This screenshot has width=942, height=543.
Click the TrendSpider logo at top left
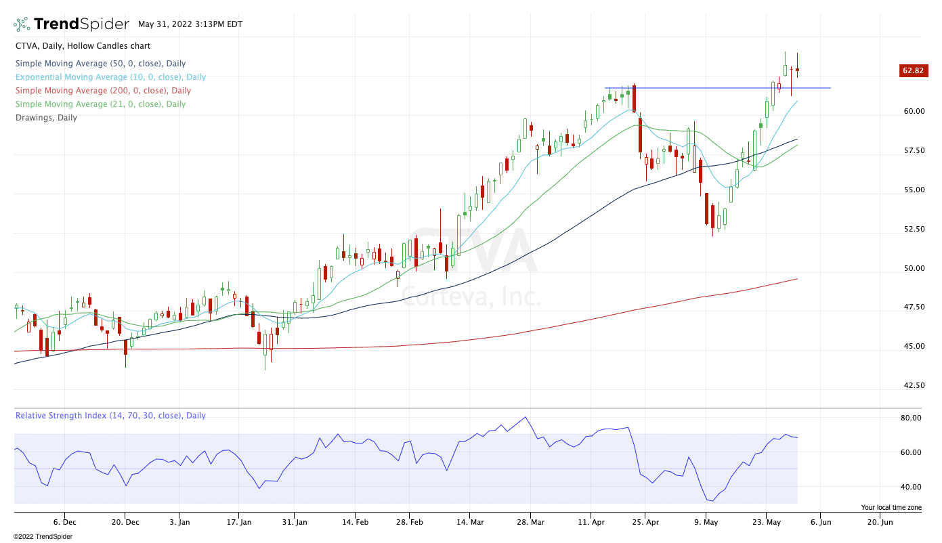[x=72, y=24]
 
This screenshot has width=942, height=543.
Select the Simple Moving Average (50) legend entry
[x=100, y=64]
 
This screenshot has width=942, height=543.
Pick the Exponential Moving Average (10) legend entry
[x=110, y=77]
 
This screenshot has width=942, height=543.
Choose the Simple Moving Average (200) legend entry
[x=103, y=91]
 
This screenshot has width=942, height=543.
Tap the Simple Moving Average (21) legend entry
[x=100, y=104]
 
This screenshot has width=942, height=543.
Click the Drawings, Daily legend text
[x=46, y=118]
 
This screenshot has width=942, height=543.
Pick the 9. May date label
[x=706, y=522]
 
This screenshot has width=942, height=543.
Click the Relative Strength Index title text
[x=110, y=416]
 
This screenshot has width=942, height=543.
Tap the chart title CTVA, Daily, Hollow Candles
[x=83, y=46]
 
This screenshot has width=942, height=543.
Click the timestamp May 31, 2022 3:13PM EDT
[x=190, y=24]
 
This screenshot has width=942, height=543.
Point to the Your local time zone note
[x=891, y=507]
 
